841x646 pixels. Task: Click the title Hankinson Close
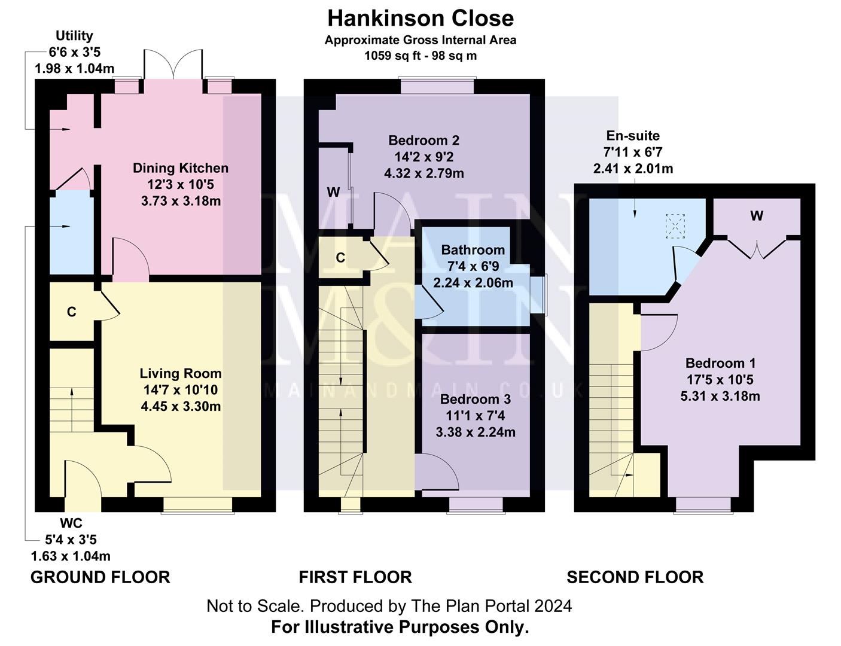point(420,19)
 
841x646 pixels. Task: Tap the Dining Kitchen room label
point(181,168)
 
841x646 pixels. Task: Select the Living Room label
point(181,374)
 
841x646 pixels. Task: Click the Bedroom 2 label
point(423,141)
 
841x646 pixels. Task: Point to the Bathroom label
point(473,250)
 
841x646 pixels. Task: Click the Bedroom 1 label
point(720,363)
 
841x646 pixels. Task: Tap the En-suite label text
point(633,136)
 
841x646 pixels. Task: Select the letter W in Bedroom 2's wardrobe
point(333,193)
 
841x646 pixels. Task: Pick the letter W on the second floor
point(757,216)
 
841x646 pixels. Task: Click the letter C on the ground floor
point(72,312)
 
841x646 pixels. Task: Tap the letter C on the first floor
point(340,258)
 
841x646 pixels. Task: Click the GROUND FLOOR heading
point(100,577)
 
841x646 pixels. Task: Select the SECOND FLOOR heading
point(635,577)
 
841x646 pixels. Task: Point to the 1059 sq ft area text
point(420,56)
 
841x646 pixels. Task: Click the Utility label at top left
point(74,36)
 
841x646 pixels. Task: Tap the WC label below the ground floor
point(71,524)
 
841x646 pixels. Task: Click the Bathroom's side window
point(544,295)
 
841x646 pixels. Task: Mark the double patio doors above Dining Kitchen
point(173,66)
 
